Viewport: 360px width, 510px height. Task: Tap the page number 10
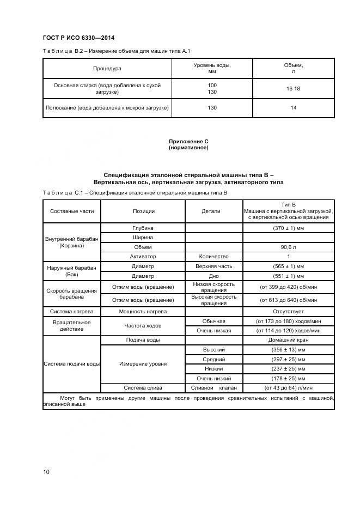(x=46, y=472)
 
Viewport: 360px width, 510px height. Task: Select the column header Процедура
(x=107, y=69)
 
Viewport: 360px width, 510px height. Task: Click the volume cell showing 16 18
(x=293, y=88)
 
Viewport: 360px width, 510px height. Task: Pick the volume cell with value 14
(x=293, y=108)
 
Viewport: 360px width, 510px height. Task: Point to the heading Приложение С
(x=188, y=142)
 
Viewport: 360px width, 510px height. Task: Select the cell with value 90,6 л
(x=288, y=247)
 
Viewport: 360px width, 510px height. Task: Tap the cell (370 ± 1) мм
(x=288, y=228)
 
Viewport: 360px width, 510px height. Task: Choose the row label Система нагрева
(x=72, y=312)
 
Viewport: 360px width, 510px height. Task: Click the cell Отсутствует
(x=288, y=312)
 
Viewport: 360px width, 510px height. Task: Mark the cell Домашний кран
(x=288, y=340)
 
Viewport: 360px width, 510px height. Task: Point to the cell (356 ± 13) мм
(x=288, y=349)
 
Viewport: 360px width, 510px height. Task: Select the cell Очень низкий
(x=213, y=378)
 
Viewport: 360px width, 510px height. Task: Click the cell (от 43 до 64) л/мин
(x=288, y=388)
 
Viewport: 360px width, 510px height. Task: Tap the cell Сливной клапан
(x=213, y=388)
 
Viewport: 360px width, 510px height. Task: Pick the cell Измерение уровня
(x=143, y=363)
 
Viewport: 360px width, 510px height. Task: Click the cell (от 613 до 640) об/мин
(x=288, y=300)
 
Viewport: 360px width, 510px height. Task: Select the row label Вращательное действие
(x=72, y=326)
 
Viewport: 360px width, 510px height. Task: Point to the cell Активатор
(x=143, y=256)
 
